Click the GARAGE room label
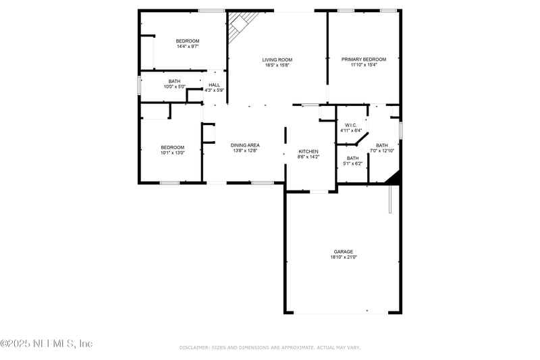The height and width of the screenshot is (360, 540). (x=344, y=251)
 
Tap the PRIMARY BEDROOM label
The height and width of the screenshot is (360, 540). (x=363, y=59)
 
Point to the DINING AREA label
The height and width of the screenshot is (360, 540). (x=245, y=145)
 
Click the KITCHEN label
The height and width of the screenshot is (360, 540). (x=308, y=151)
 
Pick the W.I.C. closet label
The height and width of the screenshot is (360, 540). (x=350, y=125)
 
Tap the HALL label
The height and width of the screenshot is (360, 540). (x=214, y=85)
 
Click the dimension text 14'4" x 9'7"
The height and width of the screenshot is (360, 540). (x=187, y=47)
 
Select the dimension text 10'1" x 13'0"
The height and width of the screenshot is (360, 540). (x=172, y=153)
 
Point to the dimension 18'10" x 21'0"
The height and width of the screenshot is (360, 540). (x=344, y=257)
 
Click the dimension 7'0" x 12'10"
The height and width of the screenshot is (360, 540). (x=381, y=151)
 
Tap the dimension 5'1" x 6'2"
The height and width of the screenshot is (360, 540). (x=353, y=163)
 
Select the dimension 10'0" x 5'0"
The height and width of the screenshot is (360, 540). (x=174, y=86)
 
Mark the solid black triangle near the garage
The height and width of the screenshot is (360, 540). (x=394, y=178)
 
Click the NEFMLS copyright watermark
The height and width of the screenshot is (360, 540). (x=47, y=344)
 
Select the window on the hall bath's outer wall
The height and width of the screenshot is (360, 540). (x=139, y=86)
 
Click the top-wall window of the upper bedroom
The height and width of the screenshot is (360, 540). (x=211, y=10)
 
